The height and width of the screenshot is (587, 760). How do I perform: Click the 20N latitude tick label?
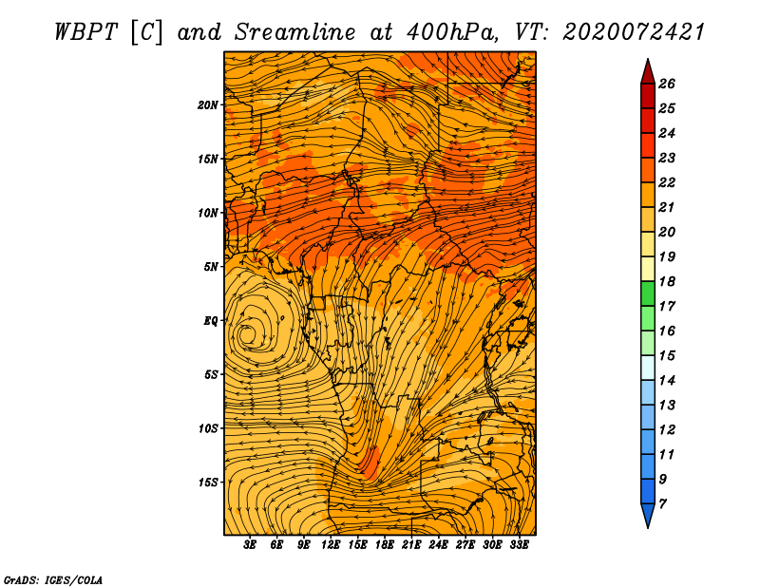pos(207,105)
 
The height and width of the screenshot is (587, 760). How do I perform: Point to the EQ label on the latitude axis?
pos(210,321)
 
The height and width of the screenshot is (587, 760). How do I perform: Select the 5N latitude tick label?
pos(211,267)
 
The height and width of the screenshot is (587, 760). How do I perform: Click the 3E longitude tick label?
pos(249,545)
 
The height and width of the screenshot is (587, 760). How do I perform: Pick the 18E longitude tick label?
pos(385,545)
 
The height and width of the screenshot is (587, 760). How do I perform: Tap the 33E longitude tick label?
pos(519,545)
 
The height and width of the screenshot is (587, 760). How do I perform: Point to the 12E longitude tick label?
pos(330,545)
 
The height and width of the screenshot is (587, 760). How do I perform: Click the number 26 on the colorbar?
pos(667,84)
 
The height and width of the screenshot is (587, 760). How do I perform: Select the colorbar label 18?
pos(667,281)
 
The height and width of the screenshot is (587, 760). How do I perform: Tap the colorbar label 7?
pos(662,504)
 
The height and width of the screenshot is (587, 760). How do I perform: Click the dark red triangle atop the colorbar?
pos(648,72)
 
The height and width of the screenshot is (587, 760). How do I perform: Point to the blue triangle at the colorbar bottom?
pos(648,516)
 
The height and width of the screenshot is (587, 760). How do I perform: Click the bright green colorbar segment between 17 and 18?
pos(648,293)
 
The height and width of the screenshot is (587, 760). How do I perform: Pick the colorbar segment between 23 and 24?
pos(648,145)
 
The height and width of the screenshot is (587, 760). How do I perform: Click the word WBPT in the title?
pos(85,32)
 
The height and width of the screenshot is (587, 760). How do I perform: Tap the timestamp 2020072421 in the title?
pos(634,32)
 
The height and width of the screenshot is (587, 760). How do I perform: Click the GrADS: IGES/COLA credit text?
pos(53,579)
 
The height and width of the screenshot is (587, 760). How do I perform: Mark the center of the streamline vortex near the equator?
pos(247,334)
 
